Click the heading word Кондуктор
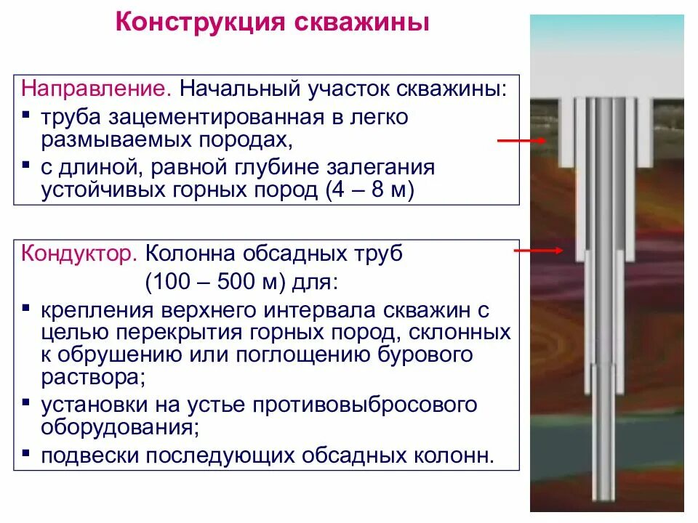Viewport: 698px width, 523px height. click(78, 255)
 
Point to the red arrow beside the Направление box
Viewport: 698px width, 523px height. click(522, 140)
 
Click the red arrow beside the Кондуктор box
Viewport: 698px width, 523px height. click(539, 251)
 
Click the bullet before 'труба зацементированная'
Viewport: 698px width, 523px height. click(26, 115)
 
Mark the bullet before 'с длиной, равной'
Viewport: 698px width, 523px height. click(26, 167)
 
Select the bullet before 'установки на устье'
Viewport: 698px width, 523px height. click(26, 402)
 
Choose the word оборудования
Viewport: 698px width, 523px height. click(117, 428)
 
